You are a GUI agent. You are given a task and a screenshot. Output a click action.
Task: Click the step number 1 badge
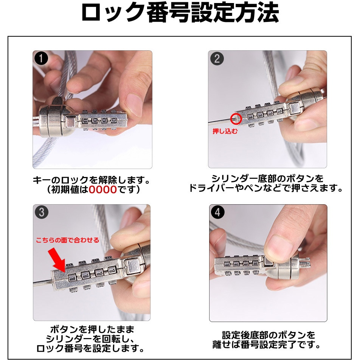[41, 58]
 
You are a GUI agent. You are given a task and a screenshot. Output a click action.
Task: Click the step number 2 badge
[217, 58]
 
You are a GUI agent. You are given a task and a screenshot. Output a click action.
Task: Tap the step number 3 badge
[42, 212]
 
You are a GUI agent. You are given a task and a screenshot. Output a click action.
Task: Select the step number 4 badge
[217, 212]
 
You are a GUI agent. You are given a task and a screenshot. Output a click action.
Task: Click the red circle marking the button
[236, 119]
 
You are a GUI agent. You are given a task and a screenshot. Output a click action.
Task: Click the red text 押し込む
[225, 131]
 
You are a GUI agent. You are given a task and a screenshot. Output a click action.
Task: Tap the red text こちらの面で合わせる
[67, 240]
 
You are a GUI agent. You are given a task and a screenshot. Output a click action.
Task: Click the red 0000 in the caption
[103, 190]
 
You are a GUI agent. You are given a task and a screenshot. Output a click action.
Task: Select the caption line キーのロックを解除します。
[91, 180]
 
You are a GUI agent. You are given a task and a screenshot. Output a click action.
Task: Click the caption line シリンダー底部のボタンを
[267, 178]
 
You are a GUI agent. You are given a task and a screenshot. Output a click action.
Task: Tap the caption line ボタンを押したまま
[92, 329]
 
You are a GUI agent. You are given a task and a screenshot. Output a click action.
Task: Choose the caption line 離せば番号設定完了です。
[266, 344]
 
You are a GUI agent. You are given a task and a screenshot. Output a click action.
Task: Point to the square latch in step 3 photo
[132, 266]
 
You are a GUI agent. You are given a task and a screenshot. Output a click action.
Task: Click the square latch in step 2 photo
[294, 108]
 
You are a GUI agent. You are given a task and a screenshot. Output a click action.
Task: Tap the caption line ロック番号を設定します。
[90, 348]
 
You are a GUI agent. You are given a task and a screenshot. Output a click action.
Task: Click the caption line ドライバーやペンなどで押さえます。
[266, 188]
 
